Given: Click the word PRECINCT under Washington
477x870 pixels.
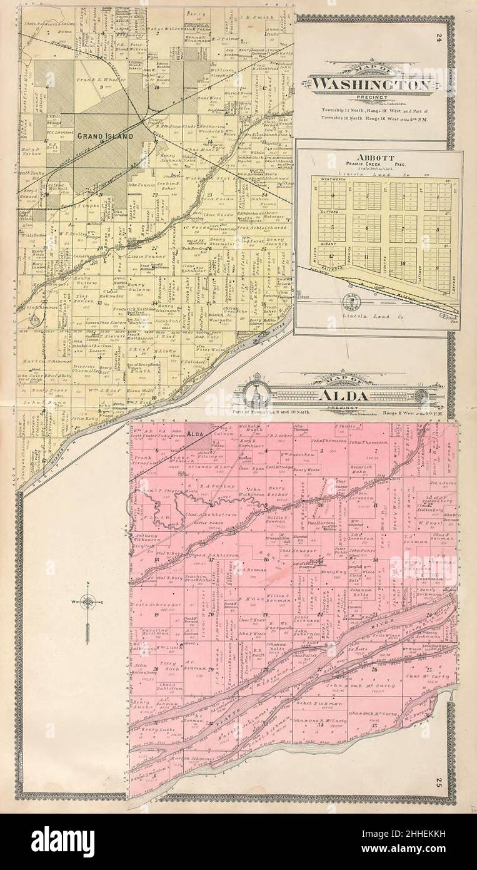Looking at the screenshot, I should tap(371, 98).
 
